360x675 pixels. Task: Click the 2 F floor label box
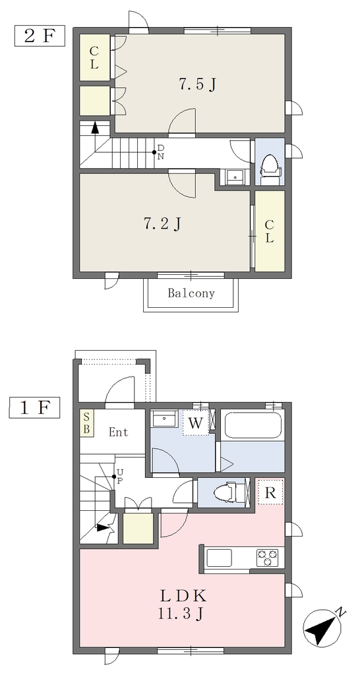click(x=40, y=36)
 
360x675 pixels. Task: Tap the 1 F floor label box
click(x=34, y=407)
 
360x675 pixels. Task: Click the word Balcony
click(x=191, y=293)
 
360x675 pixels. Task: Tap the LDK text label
click(x=184, y=597)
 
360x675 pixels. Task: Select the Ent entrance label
click(x=118, y=432)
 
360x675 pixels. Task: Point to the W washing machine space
click(x=196, y=423)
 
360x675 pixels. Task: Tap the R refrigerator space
click(x=270, y=492)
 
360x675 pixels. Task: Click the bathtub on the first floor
click(x=252, y=425)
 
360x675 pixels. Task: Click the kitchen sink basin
click(x=219, y=558)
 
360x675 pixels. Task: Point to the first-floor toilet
click(x=227, y=492)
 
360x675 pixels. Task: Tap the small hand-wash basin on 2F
click(x=235, y=177)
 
